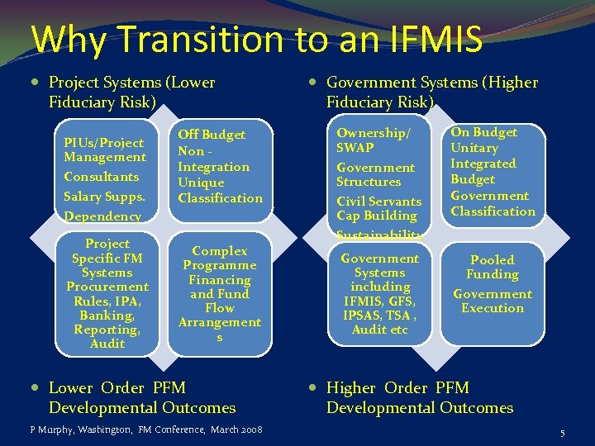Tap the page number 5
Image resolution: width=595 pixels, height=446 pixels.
click(562, 433)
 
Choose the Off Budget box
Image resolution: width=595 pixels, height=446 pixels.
click(220, 166)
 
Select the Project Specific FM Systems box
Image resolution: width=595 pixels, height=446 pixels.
click(107, 293)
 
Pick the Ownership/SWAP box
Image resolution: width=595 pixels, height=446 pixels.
click(379, 178)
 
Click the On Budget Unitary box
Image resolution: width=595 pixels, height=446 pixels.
click(493, 172)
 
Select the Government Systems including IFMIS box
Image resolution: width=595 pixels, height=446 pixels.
click(380, 293)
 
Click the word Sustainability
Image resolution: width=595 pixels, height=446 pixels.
click(379, 235)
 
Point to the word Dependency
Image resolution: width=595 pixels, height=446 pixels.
click(102, 216)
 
